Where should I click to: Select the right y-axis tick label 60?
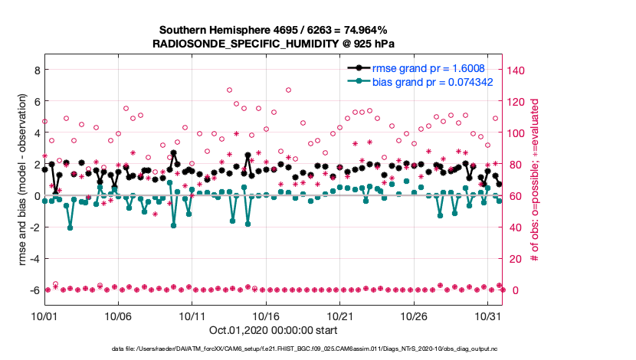point(515,196)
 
